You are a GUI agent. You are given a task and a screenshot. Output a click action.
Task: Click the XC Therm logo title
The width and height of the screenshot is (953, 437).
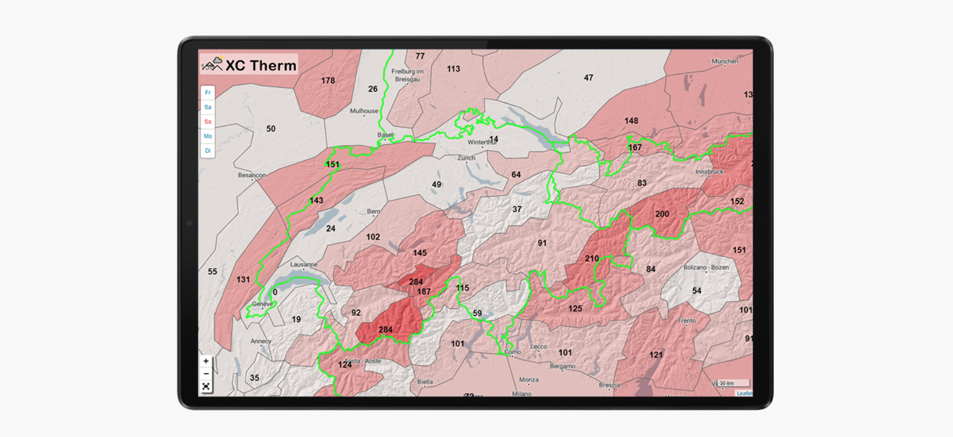(x=250, y=65)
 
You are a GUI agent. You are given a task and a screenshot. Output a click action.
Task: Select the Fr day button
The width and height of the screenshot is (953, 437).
(x=208, y=93)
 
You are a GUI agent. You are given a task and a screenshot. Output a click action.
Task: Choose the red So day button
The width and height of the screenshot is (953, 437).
(x=208, y=122)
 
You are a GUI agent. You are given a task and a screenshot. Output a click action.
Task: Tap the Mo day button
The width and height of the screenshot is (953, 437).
(x=208, y=136)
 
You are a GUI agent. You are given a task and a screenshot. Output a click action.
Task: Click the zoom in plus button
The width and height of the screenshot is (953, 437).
(x=206, y=361)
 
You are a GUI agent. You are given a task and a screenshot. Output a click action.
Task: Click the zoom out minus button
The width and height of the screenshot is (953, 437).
(x=206, y=374)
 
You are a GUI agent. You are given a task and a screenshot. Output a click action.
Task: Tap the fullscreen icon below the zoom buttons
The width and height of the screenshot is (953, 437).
(x=206, y=387)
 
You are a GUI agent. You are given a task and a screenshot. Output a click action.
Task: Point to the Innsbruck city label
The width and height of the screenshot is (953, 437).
(x=709, y=172)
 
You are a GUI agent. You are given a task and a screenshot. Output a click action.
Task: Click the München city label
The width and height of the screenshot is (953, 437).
(x=725, y=61)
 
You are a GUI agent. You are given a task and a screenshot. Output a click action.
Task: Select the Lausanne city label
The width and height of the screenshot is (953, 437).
(x=303, y=265)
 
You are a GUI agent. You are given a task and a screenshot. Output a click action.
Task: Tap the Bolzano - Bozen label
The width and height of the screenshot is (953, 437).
(x=706, y=268)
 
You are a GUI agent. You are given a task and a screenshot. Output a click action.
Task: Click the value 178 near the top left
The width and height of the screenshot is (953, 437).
(x=328, y=81)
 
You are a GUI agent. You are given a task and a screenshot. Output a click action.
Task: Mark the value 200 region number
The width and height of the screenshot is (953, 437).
(x=662, y=214)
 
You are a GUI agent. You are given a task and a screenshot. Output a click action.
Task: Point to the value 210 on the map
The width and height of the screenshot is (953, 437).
(x=591, y=258)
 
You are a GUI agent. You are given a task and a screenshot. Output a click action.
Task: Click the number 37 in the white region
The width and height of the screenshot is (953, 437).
(x=517, y=210)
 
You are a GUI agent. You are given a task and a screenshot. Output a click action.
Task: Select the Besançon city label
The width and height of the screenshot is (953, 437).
(x=252, y=175)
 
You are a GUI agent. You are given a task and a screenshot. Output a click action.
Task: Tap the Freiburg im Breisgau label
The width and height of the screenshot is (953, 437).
(x=407, y=75)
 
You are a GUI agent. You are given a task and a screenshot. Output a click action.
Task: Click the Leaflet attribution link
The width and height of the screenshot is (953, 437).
(x=744, y=393)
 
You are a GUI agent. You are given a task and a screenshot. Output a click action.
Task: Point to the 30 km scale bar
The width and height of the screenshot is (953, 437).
(x=732, y=383)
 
